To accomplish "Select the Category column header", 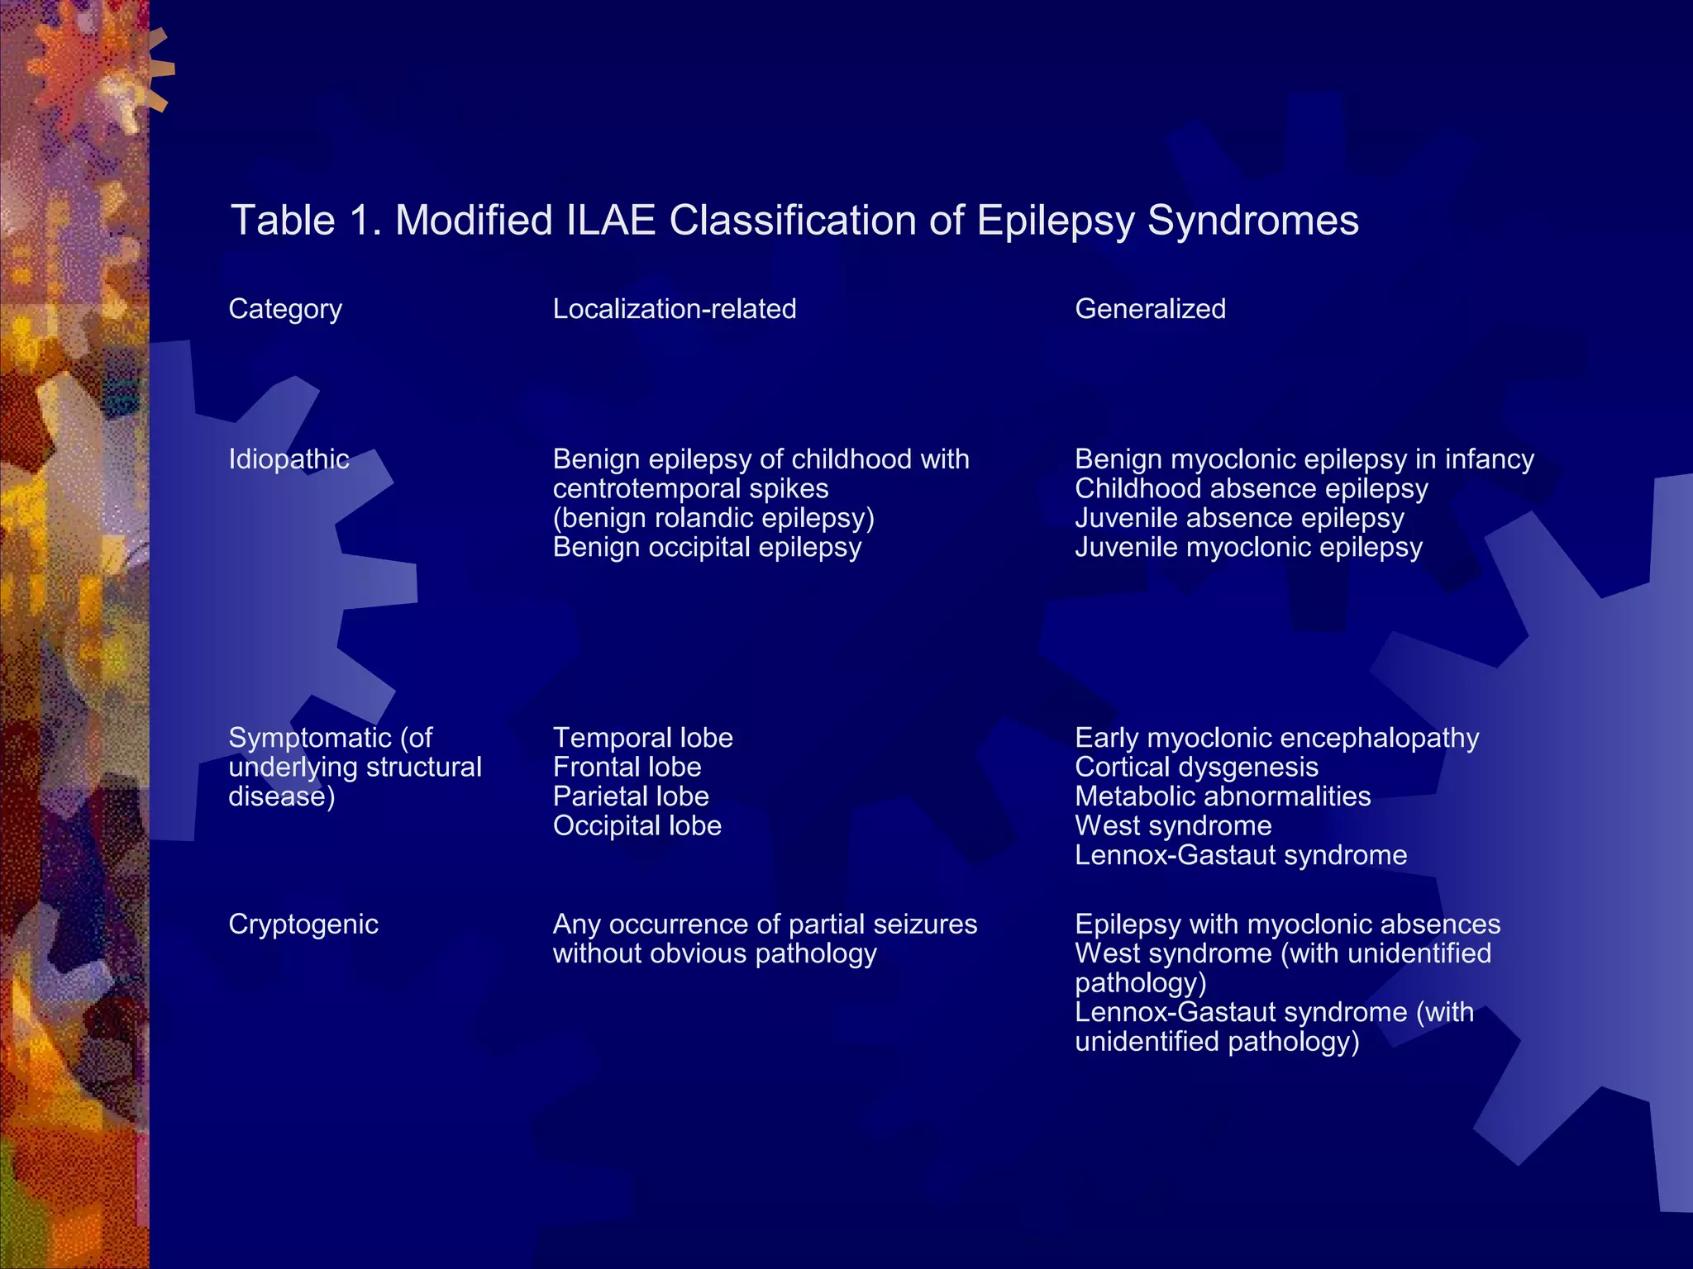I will click(285, 309).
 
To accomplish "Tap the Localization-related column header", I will click(675, 309).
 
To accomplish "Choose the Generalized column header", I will click(1150, 309).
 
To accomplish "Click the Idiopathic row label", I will click(289, 459).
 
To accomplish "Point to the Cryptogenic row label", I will click(303, 924).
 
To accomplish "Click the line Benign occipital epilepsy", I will click(707, 547).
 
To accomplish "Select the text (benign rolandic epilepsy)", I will click(713, 518).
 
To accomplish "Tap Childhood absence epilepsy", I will click(1251, 488).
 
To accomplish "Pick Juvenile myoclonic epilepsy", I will click(1248, 547).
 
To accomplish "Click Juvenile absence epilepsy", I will click(1239, 518).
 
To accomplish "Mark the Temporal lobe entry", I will click(642, 738).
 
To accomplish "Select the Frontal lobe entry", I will click(627, 767).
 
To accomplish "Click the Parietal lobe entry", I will click(631, 796).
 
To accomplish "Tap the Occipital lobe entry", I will click(637, 825).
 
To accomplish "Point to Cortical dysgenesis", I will click(1196, 767).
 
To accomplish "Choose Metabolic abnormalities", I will click(1223, 796).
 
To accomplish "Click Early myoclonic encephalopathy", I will click(1276, 738).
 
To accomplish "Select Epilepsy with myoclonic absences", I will click(1287, 924).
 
